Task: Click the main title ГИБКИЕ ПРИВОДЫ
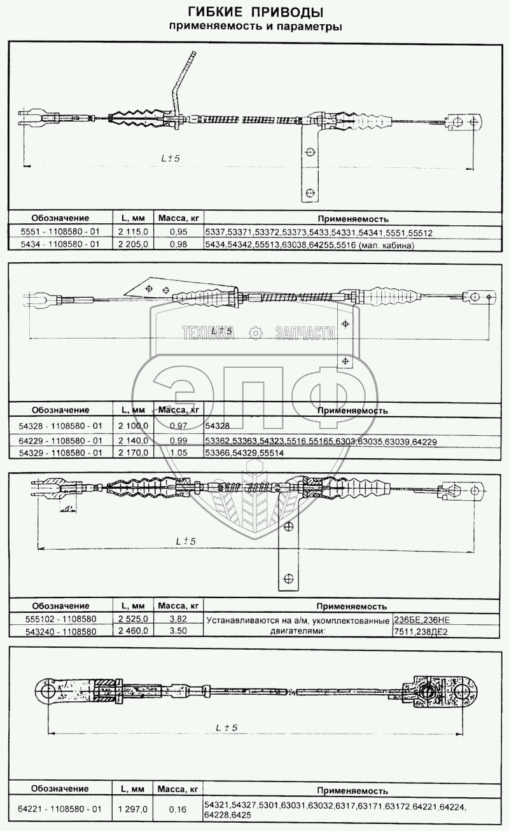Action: [254, 13]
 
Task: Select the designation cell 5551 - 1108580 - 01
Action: [61, 233]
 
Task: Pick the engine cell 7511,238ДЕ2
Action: [422, 631]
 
